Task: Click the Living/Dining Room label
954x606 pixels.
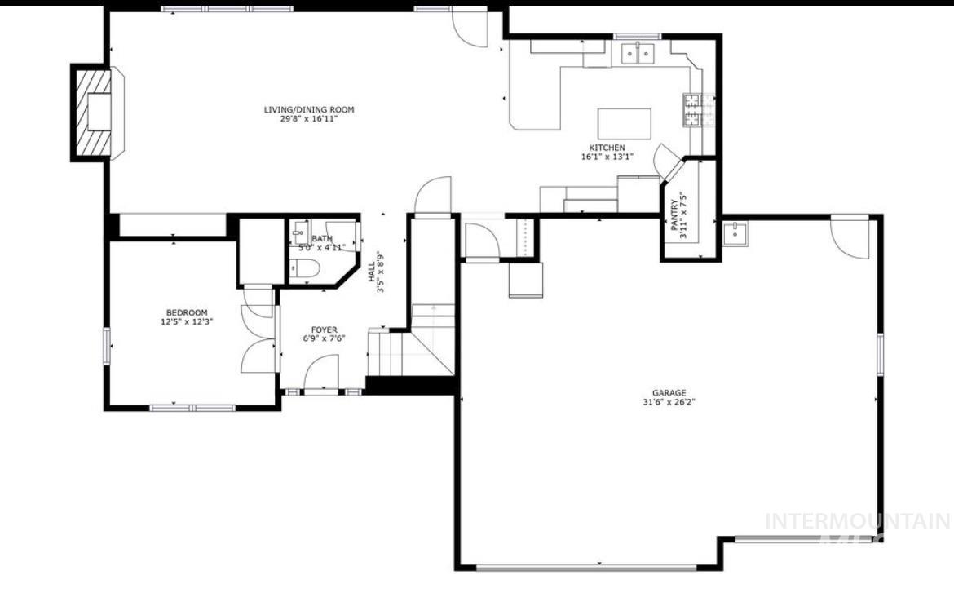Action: (x=308, y=110)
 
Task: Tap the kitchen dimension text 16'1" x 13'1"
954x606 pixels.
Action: (x=607, y=157)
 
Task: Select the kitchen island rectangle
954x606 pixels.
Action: (x=625, y=124)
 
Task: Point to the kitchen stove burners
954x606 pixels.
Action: (x=693, y=111)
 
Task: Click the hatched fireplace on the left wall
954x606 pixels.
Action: (x=91, y=112)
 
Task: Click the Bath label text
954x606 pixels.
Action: (x=321, y=238)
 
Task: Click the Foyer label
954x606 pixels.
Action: (x=324, y=330)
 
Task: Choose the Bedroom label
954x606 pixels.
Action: (x=187, y=312)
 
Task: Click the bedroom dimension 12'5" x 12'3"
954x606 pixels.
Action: (x=187, y=322)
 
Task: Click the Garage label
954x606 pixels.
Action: (x=668, y=392)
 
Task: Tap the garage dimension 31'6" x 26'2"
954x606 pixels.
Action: (x=668, y=401)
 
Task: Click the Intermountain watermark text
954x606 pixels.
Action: (x=856, y=521)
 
